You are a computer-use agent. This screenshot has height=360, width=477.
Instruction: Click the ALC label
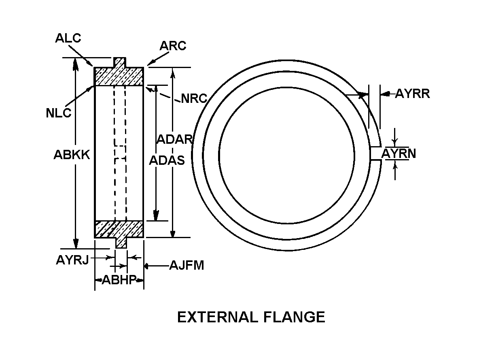pos(68,38)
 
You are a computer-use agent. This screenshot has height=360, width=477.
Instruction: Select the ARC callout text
pos(173,46)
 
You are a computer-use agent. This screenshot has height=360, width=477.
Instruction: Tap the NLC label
pos(58,113)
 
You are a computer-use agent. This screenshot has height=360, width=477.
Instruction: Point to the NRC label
pos(194,98)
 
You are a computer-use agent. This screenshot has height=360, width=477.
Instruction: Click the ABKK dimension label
pos(72,155)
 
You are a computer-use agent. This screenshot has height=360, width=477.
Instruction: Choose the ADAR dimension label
pos(175,139)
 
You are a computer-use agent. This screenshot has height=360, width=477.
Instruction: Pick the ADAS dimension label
pos(167,160)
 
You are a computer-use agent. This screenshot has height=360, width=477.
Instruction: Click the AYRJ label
pos(72,260)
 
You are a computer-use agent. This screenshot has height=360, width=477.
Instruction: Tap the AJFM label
pos(187,265)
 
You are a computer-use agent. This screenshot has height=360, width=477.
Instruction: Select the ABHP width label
pos(119,279)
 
